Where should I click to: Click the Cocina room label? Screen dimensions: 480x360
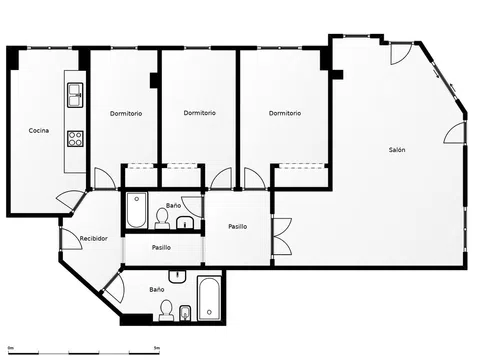coord(39,131)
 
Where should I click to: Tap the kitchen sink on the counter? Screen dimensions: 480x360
coord(75,95)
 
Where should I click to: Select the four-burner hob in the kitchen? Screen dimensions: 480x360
coord(75,139)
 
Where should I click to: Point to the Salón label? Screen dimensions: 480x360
coord(397,150)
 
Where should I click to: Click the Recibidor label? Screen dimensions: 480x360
coord(94,239)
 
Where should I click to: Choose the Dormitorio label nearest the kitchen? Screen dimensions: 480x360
coord(126,114)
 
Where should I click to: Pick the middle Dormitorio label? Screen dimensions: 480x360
coord(200,113)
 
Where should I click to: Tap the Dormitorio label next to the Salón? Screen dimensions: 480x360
coord(285,113)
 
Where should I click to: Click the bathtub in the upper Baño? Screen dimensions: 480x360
coord(137,210)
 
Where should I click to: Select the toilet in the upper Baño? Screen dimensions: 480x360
coord(162,219)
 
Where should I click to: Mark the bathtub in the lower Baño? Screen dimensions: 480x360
coord(209,298)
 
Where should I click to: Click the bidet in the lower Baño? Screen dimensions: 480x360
coord(185,313)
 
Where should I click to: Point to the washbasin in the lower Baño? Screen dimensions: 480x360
coord(177,276)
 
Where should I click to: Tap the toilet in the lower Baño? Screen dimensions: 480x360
coord(166,310)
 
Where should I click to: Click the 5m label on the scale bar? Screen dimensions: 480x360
coord(157,348)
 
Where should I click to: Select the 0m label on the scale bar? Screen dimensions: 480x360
coord(11,348)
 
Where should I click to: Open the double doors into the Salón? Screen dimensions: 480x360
coord(282,237)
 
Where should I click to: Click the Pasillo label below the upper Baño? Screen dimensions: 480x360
coord(161,248)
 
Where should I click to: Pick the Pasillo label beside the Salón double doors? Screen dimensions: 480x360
coord(238,227)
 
